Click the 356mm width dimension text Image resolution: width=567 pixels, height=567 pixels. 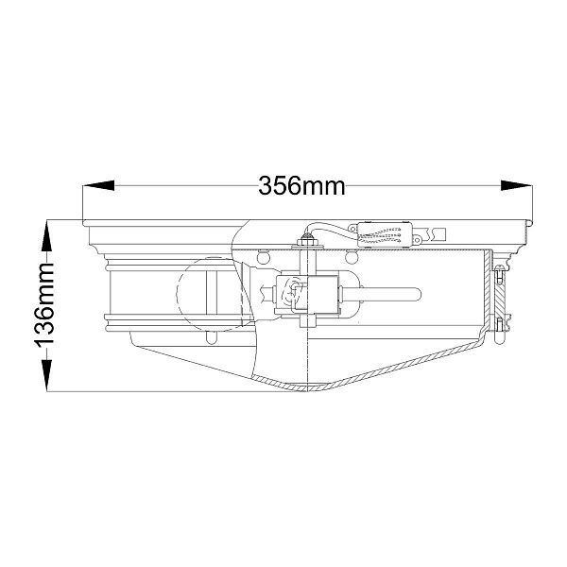pos(301,186)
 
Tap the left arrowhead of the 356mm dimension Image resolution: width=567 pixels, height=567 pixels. pos(98,185)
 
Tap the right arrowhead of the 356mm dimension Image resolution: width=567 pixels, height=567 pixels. pos(516,185)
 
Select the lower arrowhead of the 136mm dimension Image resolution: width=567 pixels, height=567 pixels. pos(47,375)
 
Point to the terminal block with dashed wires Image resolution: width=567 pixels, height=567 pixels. pos(385,234)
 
